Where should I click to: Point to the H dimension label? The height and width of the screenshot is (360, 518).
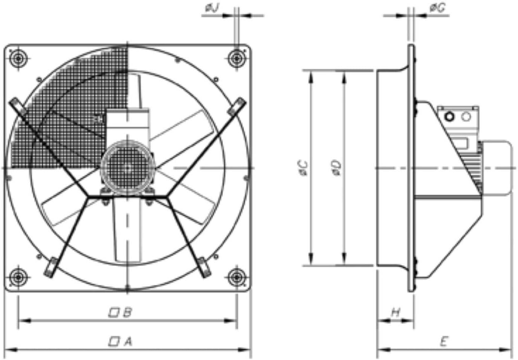[395, 312]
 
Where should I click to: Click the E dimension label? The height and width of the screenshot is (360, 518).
[444, 342]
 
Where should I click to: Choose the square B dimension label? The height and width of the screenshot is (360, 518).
[120, 312]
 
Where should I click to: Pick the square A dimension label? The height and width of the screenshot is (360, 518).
[120, 342]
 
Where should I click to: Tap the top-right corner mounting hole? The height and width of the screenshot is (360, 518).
[236, 58]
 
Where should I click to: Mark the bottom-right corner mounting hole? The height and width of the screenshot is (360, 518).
[236, 278]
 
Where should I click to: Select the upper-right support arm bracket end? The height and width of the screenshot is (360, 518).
[237, 105]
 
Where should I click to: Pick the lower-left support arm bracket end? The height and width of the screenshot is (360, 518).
[51, 267]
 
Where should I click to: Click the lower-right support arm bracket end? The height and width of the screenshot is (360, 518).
[204, 267]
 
